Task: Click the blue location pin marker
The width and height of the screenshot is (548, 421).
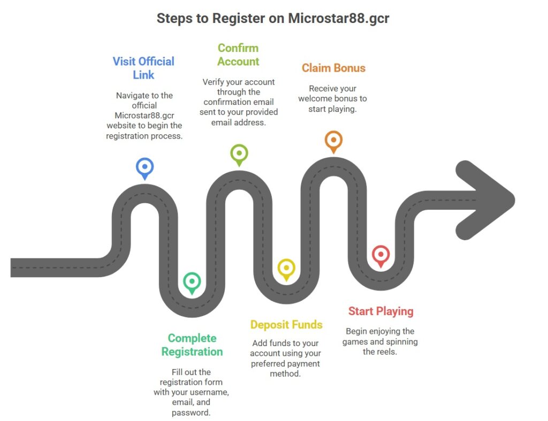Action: click(x=144, y=167)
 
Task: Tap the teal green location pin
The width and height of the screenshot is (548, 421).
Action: click(x=192, y=281)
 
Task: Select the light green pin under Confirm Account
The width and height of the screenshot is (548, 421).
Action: click(x=239, y=154)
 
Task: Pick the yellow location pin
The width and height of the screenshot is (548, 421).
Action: click(x=286, y=268)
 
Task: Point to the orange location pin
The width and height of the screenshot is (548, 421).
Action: click(x=333, y=141)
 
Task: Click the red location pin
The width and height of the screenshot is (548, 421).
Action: click(x=380, y=255)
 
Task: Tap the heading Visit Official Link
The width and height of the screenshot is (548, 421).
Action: click(x=143, y=68)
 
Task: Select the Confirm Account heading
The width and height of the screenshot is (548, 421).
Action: click(x=238, y=55)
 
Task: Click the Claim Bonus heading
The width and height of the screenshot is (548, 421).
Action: click(x=333, y=68)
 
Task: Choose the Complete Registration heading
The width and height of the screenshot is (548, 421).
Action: click(x=192, y=345)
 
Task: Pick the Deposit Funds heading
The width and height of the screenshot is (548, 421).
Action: click(x=286, y=325)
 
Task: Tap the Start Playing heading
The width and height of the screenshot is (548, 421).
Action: click(x=380, y=311)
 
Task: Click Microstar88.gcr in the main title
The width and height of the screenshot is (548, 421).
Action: click(x=339, y=18)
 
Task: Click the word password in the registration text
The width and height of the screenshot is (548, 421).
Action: click(x=192, y=412)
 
